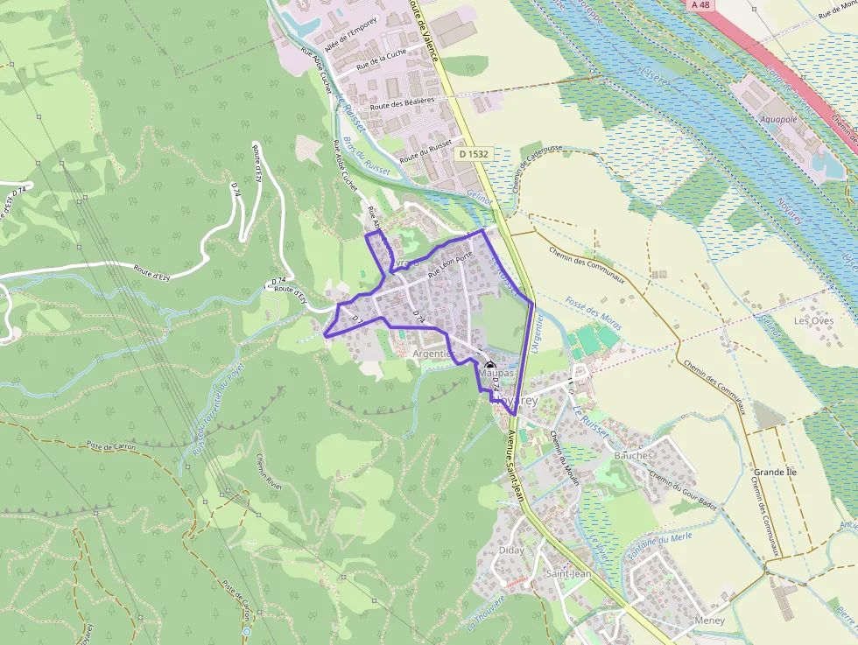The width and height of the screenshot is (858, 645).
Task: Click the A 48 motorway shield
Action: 700,5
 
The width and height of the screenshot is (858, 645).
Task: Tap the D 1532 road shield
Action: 473,153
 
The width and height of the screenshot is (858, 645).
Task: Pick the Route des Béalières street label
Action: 402,103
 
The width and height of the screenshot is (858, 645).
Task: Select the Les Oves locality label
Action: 813,321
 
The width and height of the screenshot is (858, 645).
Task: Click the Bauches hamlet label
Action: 634,455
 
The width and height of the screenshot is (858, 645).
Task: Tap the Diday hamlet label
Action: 510,550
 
